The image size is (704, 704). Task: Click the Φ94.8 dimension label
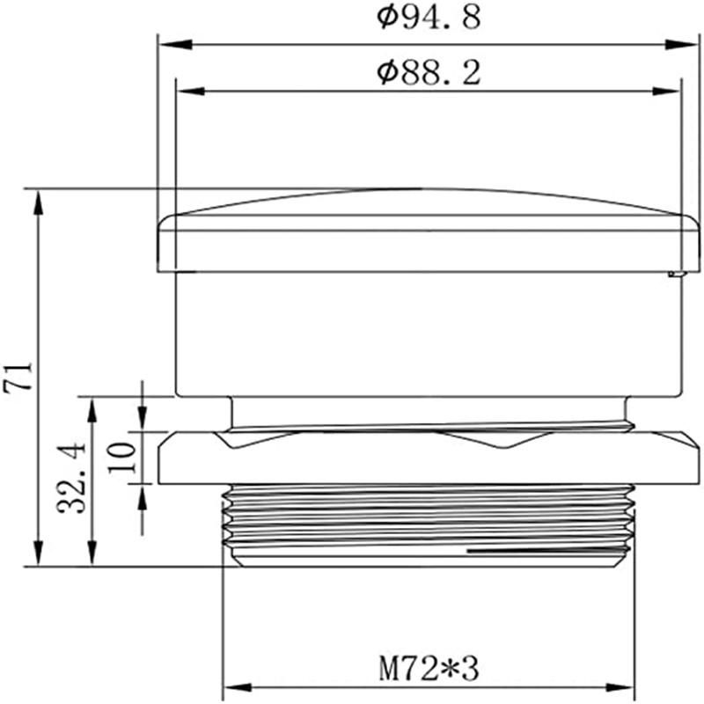pyautogui.click(x=429, y=17)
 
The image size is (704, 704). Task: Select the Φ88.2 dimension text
pyautogui.click(x=429, y=73)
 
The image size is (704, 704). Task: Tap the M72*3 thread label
pyautogui.click(x=429, y=669)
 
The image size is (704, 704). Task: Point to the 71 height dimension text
pyautogui.click(x=18, y=377)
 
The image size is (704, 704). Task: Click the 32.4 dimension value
pyautogui.click(x=72, y=478)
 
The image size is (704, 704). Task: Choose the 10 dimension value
pyautogui.click(x=121, y=457)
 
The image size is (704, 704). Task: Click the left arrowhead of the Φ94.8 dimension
pyautogui.click(x=176, y=45)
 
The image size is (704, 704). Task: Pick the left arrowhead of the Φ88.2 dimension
pyautogui.click(x=192, y=92)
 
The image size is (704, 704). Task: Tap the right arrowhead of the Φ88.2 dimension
pyautogui.click(x=666, y=92)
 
